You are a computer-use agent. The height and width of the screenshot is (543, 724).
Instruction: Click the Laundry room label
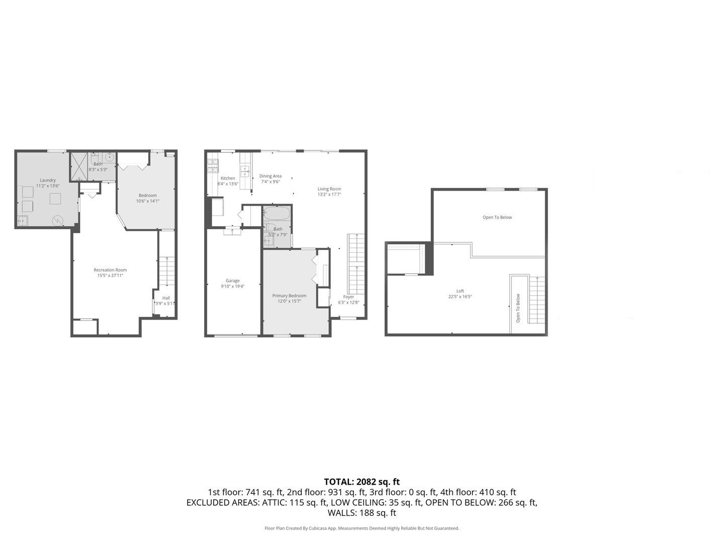click(x=48, y=180)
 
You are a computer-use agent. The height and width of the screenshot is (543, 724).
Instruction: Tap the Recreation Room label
click(x=110, y=270)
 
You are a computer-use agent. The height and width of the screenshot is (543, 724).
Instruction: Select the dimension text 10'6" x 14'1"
click(x=147, y=201)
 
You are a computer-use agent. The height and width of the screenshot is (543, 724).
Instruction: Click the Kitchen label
click(x=228, y=178)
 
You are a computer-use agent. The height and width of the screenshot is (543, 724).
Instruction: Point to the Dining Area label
click(x=270, y=176)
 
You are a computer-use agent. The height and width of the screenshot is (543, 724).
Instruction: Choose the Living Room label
click(x=329, y=189)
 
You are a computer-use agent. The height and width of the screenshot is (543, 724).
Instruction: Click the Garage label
click(x=232, y=281)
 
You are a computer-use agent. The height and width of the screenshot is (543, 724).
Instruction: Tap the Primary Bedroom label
click(x=289, y=296)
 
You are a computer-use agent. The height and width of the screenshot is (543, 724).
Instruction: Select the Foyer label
click(x=348, y=297)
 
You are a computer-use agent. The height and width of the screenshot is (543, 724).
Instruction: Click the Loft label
click(x=460, y=291)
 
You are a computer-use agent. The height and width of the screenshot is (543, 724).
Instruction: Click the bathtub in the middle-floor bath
click(x=277, y=214)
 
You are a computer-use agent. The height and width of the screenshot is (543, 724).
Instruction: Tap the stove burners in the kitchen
click(x=213, y=165)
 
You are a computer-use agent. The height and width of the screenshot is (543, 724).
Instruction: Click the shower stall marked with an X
click(x=78, y=165)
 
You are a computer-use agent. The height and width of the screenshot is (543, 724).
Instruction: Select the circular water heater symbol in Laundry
click(x=57, y=220)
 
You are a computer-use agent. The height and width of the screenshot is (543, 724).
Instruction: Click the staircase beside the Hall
click(x=167, y=271)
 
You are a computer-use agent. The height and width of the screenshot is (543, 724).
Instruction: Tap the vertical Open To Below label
click(x=518, y=308)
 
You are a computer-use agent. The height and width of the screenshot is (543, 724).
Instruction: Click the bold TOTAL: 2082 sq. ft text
click(x=361, y=482)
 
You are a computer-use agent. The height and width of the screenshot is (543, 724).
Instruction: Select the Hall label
click(x=166, y=298)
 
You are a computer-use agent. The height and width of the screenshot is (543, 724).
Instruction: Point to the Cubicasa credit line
click(x=361, y=528)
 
